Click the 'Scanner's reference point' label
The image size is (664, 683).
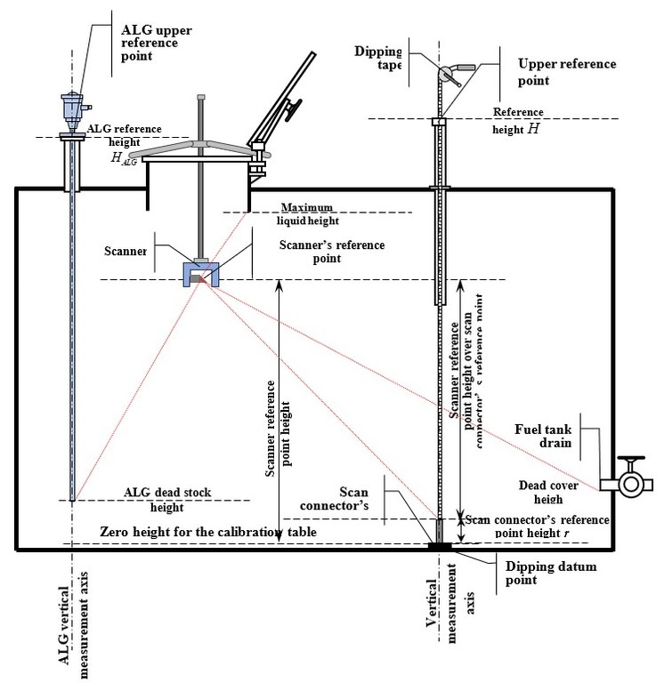point(310,252)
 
